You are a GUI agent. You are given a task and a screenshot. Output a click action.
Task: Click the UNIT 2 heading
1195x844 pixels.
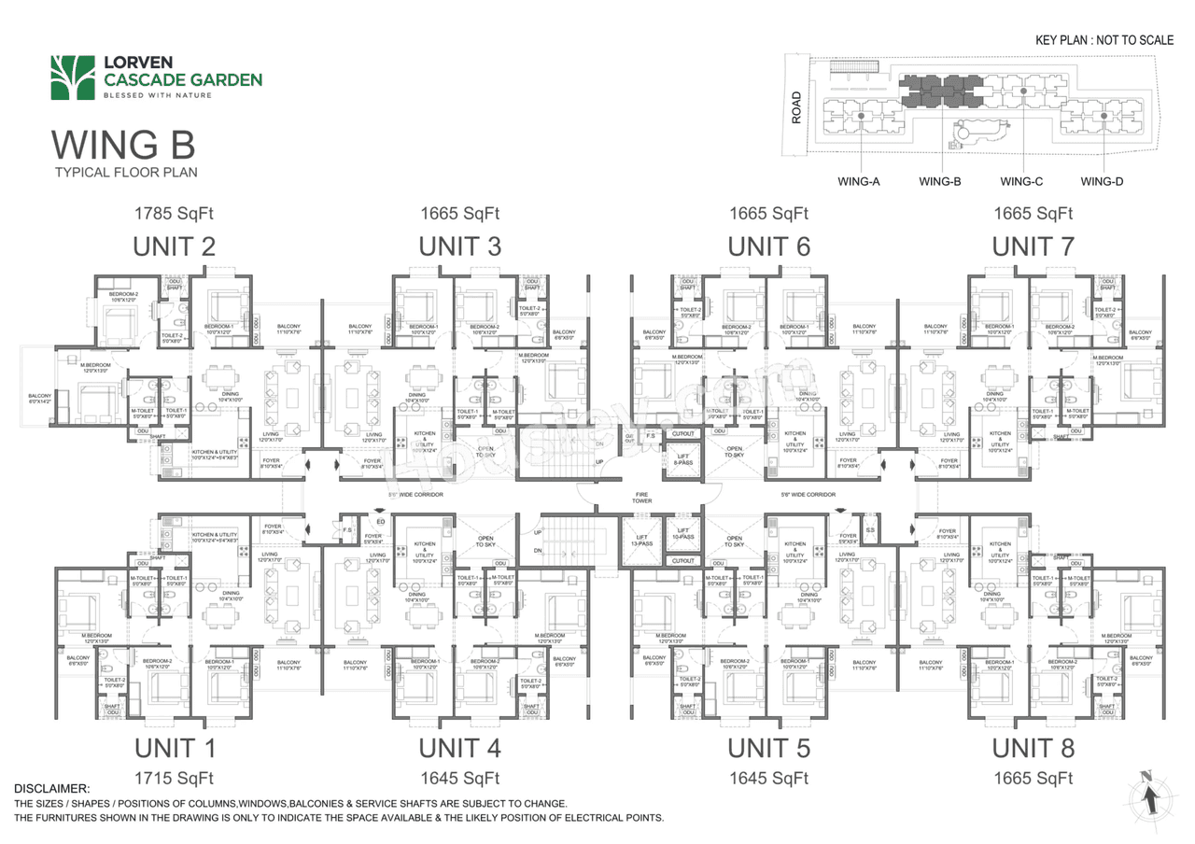(x=176, y=247)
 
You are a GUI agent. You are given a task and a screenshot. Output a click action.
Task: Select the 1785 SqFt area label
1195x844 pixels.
(x=176, y=214)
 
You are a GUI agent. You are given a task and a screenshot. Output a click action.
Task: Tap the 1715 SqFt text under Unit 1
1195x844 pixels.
(x=176, y=778)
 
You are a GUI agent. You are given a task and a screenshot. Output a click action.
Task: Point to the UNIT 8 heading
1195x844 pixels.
(x=1033, y=748)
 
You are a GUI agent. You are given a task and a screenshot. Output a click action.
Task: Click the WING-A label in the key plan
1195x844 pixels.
(x=859, y=181)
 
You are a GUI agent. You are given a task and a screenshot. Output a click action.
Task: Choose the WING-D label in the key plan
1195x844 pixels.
(x=1102, y=181)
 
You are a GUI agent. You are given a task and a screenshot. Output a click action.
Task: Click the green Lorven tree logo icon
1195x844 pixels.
(x=73, y=77)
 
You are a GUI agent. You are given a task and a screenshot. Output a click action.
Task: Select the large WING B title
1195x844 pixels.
(x=123, y=146)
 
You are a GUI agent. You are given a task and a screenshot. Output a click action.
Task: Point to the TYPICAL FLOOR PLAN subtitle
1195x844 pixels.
(x=126, y=173)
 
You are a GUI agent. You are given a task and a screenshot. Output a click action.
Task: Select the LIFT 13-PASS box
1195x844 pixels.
(x=641, y=541)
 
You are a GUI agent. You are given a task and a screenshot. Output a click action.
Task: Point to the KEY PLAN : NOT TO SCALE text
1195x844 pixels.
(x=1104, y=41)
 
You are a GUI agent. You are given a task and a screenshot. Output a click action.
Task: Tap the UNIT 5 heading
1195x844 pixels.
(x=768, y=748)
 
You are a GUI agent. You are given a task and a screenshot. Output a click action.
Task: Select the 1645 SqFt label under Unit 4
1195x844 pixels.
(x=459, y=778)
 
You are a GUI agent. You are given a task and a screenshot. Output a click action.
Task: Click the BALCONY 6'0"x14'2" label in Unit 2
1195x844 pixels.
(x=40, y=399)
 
